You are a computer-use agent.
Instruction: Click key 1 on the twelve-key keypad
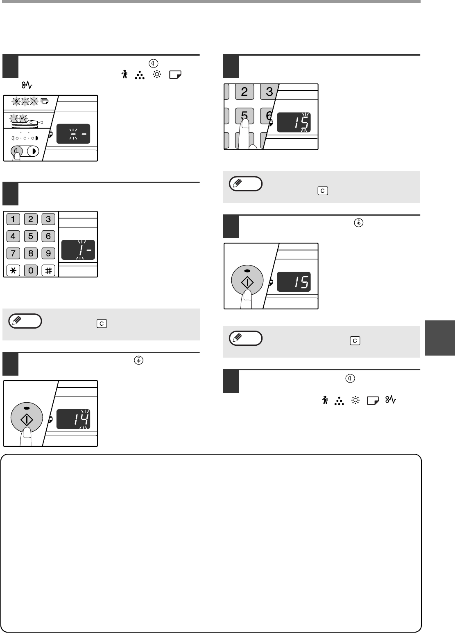tap(13, 219)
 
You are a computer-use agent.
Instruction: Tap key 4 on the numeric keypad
tap(13, 236)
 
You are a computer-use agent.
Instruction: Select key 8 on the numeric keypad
tap(31, 253)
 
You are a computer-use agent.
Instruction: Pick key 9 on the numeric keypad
tap(48, 253)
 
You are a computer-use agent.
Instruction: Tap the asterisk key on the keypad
tap(13, 270)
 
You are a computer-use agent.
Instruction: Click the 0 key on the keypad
tap(31, 270)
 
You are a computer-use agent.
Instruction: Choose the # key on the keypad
tap(48, 270)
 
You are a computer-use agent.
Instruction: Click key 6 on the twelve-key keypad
tap(48, 236)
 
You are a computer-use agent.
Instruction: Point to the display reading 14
tap(73, 419)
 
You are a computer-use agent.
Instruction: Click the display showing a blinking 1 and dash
tap(78, 250)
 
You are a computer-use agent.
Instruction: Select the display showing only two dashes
tap(73, 134)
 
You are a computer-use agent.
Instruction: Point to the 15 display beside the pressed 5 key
tap(294, 122)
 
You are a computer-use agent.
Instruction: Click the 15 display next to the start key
tap(294, 282)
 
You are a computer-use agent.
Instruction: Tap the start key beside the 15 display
tap(247, 280)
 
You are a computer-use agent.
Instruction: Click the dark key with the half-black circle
tap(33, 151)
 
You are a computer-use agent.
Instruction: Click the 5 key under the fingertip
tap(244, 116)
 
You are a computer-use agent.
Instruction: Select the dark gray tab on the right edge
tap(440, 338)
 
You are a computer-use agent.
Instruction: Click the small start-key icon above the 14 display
tap(138, 360)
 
